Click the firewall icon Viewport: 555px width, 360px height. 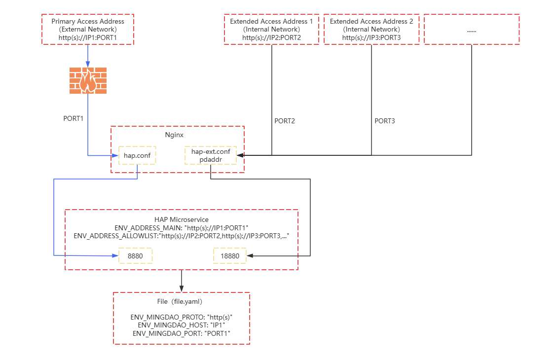tap(88, 80)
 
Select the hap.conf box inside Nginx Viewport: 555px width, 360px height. tap(137, 155)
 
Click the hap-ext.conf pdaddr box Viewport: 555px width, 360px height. tap(211, 155)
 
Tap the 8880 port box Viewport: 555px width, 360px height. tap(135, 256)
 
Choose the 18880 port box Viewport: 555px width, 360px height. tap(229, 256)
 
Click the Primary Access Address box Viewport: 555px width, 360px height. tap(88, 30)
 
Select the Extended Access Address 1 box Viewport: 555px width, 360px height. tap(271, 30)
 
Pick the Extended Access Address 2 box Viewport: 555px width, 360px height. tap(371, 30)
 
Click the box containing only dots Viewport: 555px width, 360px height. tap(471, 30)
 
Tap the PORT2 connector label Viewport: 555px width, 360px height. tap(285, 121)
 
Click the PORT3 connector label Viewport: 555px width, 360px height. tap(385, 121)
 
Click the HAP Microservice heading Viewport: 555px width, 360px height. tap(181, 219)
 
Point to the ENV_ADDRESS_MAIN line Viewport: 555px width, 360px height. tap(181, 228)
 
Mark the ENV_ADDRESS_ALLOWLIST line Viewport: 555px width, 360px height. tap(181, 236)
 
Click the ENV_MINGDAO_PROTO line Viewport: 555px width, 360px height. tap(181, 317)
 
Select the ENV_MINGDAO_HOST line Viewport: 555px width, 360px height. tap(181, 325)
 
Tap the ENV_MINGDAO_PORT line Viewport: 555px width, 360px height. tap(181, 334)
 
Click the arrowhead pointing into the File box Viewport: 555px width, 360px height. tap(182, 288)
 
